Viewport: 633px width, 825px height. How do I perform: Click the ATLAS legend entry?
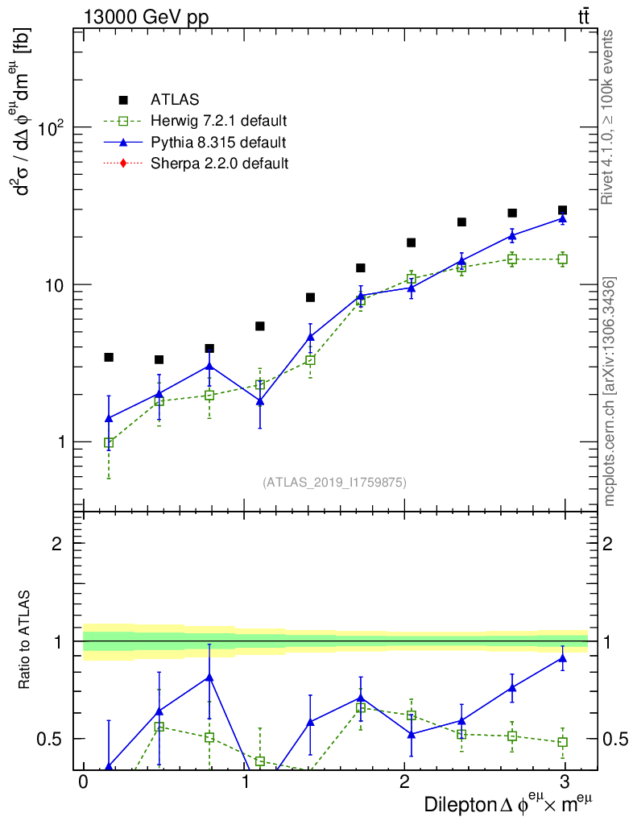[x=174, y=100]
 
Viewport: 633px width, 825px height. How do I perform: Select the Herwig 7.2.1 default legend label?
[x=218, y=122]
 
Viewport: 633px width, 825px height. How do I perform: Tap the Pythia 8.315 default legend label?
[x=217, y=143]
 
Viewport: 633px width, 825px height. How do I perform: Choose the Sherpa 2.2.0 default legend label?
[x=219, y=164]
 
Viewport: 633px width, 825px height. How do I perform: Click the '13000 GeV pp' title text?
[x=145, y=17]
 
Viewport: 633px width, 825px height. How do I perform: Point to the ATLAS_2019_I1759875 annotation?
[x=334, y=483]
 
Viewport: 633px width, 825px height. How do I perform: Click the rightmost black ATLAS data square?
[x=562, y=210]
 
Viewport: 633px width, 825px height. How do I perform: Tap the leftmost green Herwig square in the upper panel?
[x=109, y=443]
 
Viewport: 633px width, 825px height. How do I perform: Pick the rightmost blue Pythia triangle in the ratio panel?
[x=562, y=658]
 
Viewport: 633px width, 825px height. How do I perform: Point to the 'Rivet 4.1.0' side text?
[x=610, y=117]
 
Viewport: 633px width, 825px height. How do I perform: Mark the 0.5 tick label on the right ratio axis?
[x=614, y=739]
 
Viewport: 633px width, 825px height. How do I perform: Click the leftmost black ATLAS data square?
[x=109, y=357]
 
